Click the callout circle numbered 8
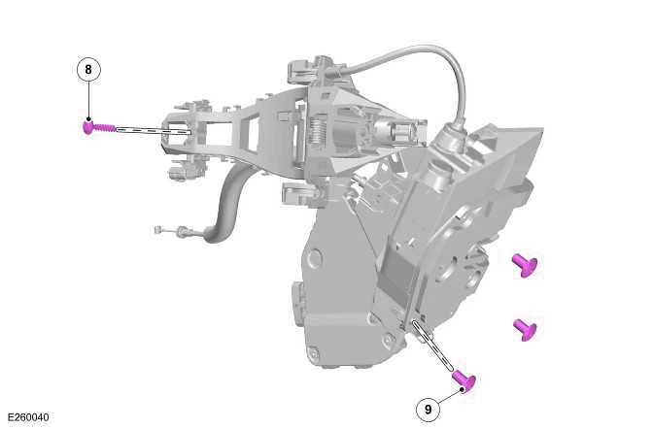[x=88, y=70]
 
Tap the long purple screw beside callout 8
[x=98, y=127]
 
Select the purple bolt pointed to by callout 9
[x=464, y=381]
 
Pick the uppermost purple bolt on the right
[x=525, y=263]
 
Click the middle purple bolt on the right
[x=525, y=328]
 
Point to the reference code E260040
[x=26, y=418]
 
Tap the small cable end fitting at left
[x=157, y=230]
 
